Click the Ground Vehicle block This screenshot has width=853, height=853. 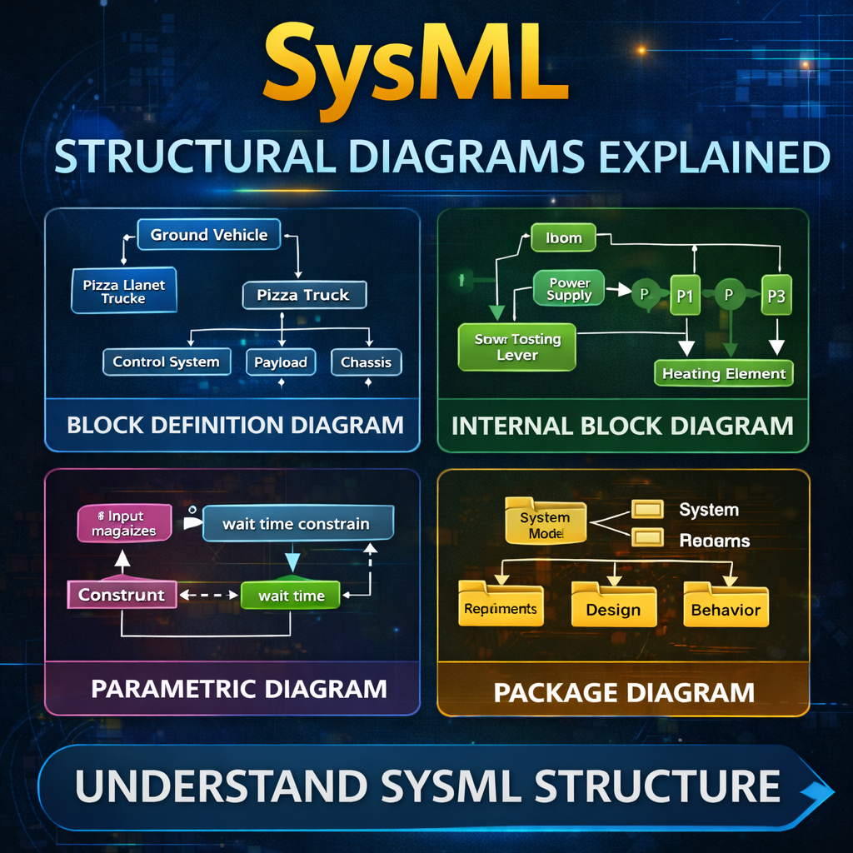pyautogui.click(x=209, y=235)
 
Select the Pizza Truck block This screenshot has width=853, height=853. pyautogui.click(x=303, y=295)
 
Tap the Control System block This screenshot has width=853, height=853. pyautogui.click(x=166, y=362)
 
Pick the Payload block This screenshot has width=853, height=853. pyautogui.click(x=281, y=362)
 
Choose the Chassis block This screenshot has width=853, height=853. pyautogui.click(x=366, y=362)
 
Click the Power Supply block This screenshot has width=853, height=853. pyautogui.click(x=570, y=289)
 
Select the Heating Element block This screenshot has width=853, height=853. pyautogui.click(x=723, y=374)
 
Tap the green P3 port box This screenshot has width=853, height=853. pyautogui.click(x=776, y=297)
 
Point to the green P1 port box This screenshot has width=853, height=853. pyautogui.click(x=685, y=297)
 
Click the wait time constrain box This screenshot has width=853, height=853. pyautogui.click(x=297, y=524)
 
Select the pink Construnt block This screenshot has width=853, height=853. pyautogui.click(x=122, y=595)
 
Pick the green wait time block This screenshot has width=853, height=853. pyautogui.click(x=291, y=596)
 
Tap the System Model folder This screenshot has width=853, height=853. pyautogui.click(x=546, y=524)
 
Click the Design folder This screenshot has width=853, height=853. pyautogui.click(x=613, y=607)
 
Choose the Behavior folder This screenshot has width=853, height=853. pyautogui.click(x=726, y=607)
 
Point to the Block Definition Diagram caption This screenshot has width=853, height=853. pyautogui.click(x=235, y=425)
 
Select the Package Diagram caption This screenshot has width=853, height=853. pyautogui.click(x=624, y=691)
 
